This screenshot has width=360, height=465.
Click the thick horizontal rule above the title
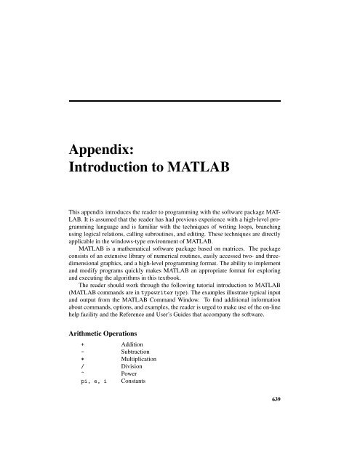[178, 100]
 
